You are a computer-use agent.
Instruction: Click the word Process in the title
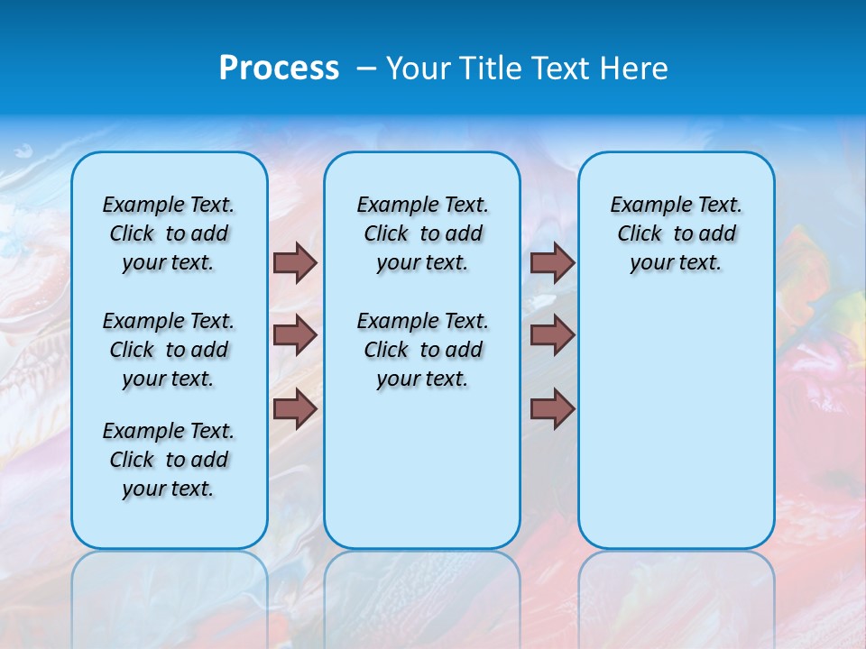pos(279,69)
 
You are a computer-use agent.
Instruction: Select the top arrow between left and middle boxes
pos(295,262)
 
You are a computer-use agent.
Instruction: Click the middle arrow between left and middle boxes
pos(295,335)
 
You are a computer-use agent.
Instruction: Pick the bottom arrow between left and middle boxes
pos(295,409)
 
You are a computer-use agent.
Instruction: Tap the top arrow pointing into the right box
pos(552,262)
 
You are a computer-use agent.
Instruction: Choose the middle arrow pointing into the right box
pos(552,335)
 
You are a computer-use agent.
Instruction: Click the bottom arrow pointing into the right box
pos(552,409)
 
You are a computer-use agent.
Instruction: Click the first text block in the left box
pos(169,233)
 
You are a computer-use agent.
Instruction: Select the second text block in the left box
pos(169,350)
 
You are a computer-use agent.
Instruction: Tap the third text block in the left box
pos(169,460)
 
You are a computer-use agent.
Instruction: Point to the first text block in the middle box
pos(422,233)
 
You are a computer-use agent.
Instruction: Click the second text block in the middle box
pos(422,350)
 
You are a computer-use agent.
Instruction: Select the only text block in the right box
pos(676,233)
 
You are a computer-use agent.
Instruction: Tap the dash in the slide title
pos(366,69)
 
